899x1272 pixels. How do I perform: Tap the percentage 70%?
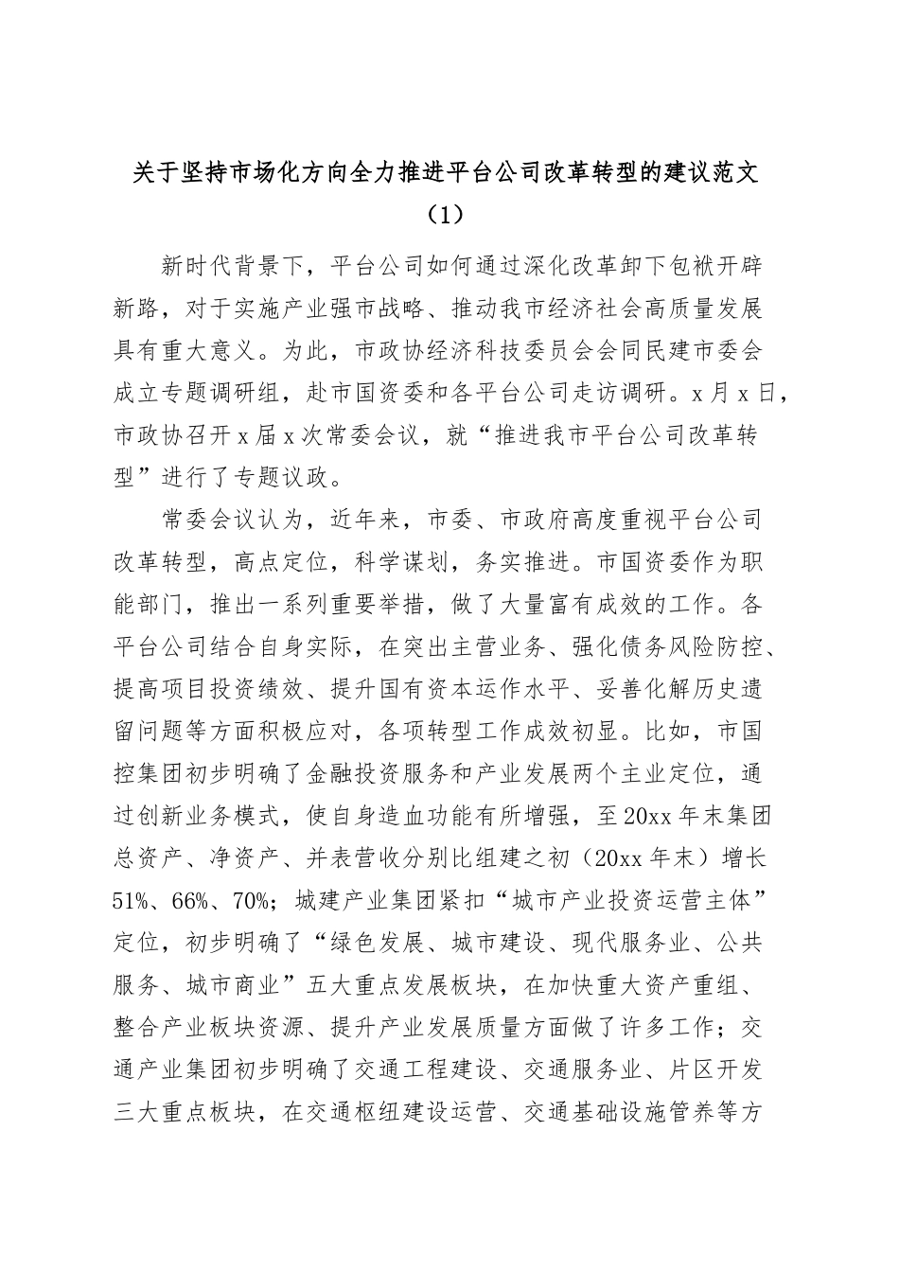tap(249, 901)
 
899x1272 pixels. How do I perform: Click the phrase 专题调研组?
tap(253, 394)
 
